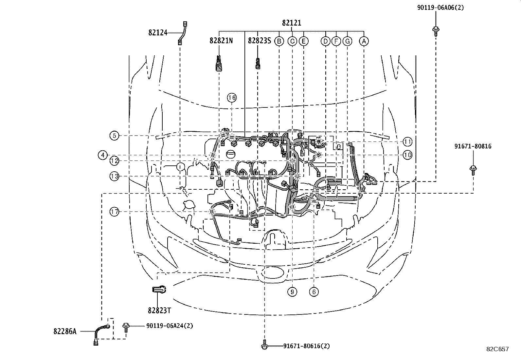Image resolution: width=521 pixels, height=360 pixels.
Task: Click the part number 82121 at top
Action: (291, 23)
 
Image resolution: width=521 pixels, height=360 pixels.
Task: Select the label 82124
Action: (158, 32)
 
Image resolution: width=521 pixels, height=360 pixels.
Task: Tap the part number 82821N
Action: (221, 41)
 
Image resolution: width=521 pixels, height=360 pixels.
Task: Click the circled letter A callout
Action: (364, 41)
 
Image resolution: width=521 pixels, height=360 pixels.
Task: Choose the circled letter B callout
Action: (279, 41)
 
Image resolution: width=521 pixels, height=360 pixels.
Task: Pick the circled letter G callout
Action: (348, 41)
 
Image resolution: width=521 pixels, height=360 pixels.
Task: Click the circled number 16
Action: (232, 98)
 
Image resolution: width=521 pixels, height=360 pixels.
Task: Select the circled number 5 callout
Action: (114, 135)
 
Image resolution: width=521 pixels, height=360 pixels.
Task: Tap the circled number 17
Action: (114, 212)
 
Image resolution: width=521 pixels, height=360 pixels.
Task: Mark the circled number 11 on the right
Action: (407, 142)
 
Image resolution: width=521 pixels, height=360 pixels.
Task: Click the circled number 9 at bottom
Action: (292, 292)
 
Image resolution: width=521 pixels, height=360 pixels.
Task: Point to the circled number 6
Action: (314, 292)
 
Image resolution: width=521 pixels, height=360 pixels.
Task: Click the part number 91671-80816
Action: (473, 146)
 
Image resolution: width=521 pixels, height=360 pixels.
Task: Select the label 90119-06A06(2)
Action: (440, 7)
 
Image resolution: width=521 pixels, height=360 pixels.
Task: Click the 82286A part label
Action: (65, 331)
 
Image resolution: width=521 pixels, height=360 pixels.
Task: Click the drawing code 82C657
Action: (497, 349)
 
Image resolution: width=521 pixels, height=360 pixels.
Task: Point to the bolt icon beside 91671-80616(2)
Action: (264, 346)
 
